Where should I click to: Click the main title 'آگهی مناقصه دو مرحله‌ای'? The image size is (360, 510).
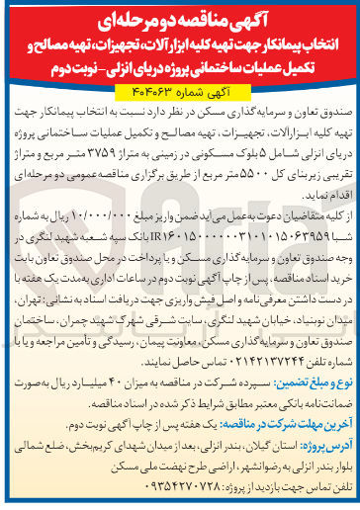point(179,16)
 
